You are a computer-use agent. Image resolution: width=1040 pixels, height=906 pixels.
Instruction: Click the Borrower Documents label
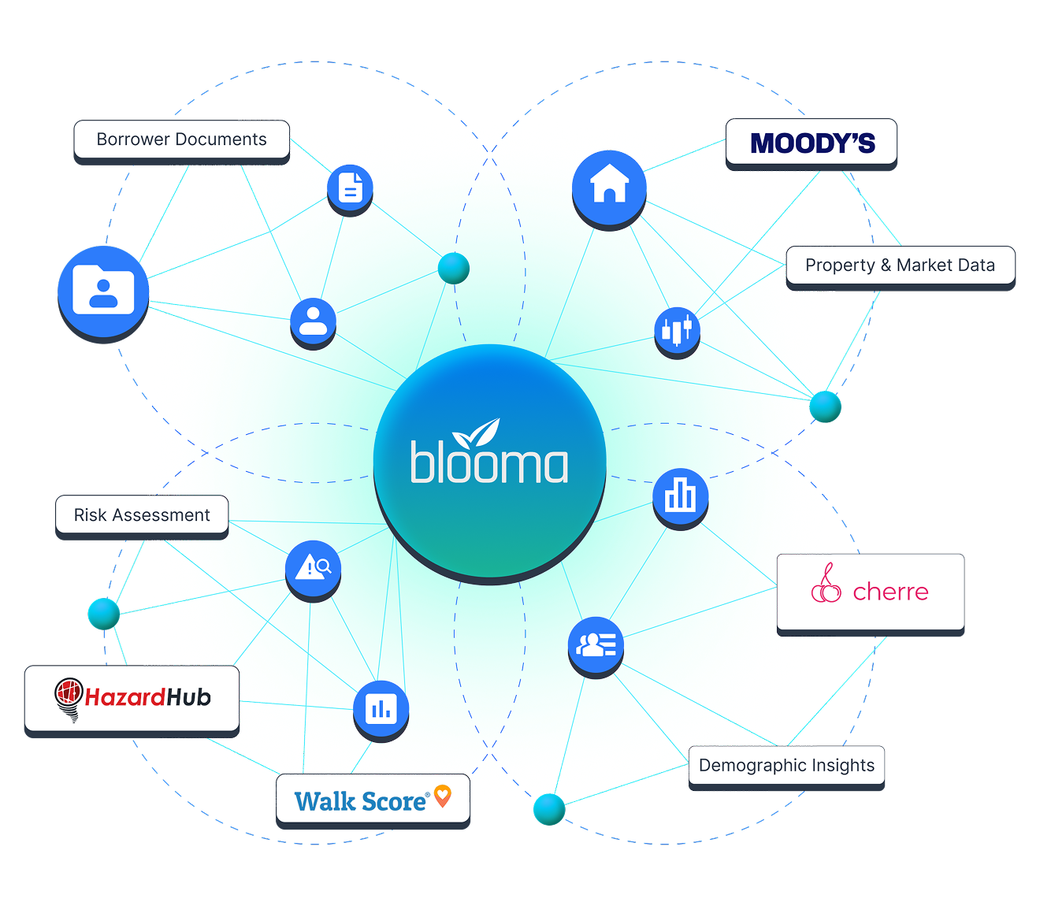(181, 139)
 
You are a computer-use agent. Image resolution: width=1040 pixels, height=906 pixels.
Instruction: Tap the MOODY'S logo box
(812, 143)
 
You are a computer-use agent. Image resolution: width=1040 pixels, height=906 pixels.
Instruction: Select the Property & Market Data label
(900, 265)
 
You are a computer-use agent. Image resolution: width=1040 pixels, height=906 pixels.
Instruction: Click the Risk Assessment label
(142, 515)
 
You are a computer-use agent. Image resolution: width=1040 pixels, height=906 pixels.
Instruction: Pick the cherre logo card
(870, 591)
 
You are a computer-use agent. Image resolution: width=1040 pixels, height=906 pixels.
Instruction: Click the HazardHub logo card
(132, 698)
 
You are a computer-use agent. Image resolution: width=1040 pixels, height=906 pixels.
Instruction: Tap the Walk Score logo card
(372, 800)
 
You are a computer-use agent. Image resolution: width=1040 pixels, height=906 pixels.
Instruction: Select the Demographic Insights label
(786, 766)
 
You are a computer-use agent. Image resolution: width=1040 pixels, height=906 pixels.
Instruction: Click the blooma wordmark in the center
(488, 463)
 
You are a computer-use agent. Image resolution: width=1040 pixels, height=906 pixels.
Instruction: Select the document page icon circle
(350, 188)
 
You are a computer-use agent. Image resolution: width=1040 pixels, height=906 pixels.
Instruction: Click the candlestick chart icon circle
(677, 330)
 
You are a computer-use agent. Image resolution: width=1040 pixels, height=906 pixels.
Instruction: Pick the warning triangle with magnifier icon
(313, 567)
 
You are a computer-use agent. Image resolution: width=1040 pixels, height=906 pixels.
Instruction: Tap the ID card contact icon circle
(596, 644)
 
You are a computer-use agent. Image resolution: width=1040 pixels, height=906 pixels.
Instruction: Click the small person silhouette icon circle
(313, 321)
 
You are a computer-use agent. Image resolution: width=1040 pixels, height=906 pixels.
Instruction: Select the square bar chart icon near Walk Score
(381, 707)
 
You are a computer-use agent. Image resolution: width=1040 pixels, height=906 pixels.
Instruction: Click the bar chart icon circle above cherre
(680, 496)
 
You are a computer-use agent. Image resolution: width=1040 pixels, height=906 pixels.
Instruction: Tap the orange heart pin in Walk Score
(443, 796)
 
